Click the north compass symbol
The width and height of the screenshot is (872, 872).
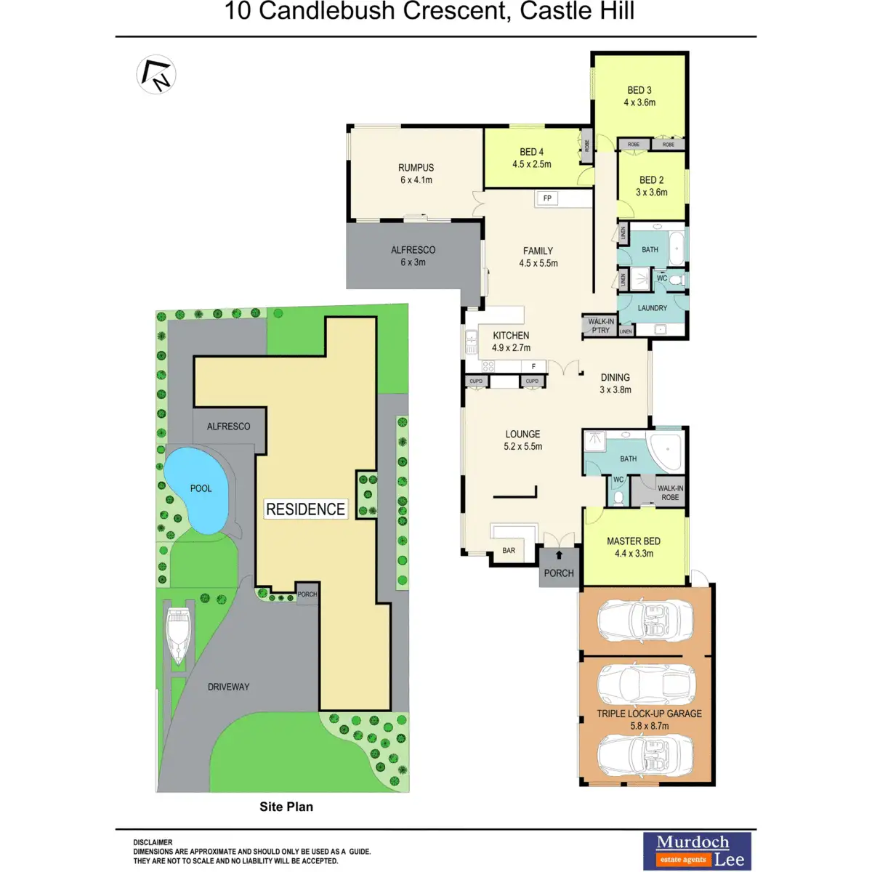[x=156, y=74]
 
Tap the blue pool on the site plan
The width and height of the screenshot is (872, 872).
[x=198, y=488]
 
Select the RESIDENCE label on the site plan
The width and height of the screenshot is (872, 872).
[x=305, y=509]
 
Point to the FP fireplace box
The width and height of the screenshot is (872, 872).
[x=547, y=198]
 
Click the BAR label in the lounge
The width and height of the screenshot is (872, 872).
[x=509, y=551]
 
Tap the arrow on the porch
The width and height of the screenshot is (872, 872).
[x=559, y=556]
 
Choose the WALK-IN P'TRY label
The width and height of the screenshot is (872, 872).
[x=600, y=326]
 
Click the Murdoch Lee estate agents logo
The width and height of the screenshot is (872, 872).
[x=697, y=851]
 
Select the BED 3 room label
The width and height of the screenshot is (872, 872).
[x=639, y=96]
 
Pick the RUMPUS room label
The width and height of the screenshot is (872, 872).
[x=416, y=174]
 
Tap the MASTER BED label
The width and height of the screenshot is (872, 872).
[x=634, y=547]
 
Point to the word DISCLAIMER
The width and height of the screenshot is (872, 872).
[x=153, y=843]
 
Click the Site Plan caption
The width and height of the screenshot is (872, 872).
[x=286, y=807]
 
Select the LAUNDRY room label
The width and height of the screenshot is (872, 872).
[x=652, y=308]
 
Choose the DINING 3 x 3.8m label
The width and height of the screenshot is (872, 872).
[x=615, y=384]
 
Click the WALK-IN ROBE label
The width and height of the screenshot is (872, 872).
[x=670, y=493]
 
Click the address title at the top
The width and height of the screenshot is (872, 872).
[x=429, y=12]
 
